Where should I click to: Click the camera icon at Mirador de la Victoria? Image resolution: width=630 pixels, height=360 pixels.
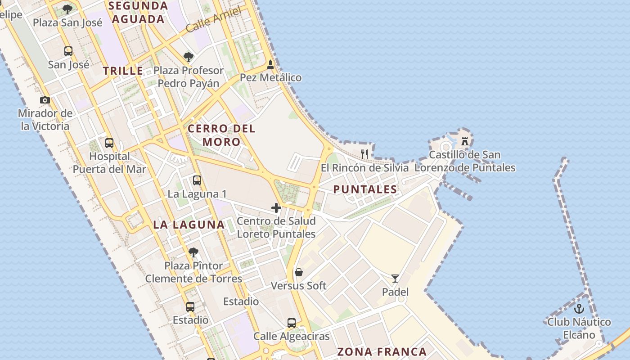pyautogui.click(x=45, y=100)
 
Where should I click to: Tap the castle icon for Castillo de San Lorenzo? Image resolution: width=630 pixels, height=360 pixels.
pyautogui.click(x=465, y=141)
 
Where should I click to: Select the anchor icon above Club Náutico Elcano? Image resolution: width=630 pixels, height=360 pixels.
pyautogui.click(x=579, y=309)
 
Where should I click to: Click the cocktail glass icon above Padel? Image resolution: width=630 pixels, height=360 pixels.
pyautogui.click(x=395, y=279)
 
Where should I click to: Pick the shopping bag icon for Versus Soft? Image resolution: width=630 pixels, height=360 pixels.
pyautogui.click(x=298, y=272)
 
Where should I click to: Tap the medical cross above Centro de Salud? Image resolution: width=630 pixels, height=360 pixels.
pyautogui.click(x=276, y=208)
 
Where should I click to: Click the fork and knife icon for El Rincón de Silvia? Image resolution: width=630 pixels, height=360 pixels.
pyautogui.click(x=364, y=154)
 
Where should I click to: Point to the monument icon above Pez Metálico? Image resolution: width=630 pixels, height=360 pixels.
pyautogui.click(x=270, y=64)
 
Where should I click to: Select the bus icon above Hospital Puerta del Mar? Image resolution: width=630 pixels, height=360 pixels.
pyautogui.click(x=109, y=143)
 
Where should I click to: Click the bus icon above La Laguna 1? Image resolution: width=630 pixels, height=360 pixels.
pyautogui.click(x=197, y=180)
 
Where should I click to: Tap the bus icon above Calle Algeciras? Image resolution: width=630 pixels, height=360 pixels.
pyautogui.click(x=292, y=323)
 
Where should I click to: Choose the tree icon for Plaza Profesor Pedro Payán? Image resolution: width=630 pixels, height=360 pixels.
pyautogui.click(x=189, y=57)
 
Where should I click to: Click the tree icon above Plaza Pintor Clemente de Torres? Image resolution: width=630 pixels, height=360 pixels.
pyautogui.click(x=193, y=252)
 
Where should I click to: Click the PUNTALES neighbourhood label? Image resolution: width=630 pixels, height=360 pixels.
pyautogui.click(x=365, y=189)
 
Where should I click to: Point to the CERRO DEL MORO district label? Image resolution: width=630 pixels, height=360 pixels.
pyautogui.click(x=221, y=135)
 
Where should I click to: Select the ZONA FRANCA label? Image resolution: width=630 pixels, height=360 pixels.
pyautogui.click(x=382, y=351)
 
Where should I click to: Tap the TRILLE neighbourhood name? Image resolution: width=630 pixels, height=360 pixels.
pyautogui.click(x=123, y=71)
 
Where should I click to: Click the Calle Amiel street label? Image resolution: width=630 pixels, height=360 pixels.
pyautogui.click(x=213, y=21)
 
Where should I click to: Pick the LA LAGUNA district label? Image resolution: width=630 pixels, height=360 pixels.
pyautogui.click(x=189, y=225)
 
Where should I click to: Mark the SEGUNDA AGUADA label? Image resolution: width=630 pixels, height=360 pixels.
pyautogui.click(x=138, y=13)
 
